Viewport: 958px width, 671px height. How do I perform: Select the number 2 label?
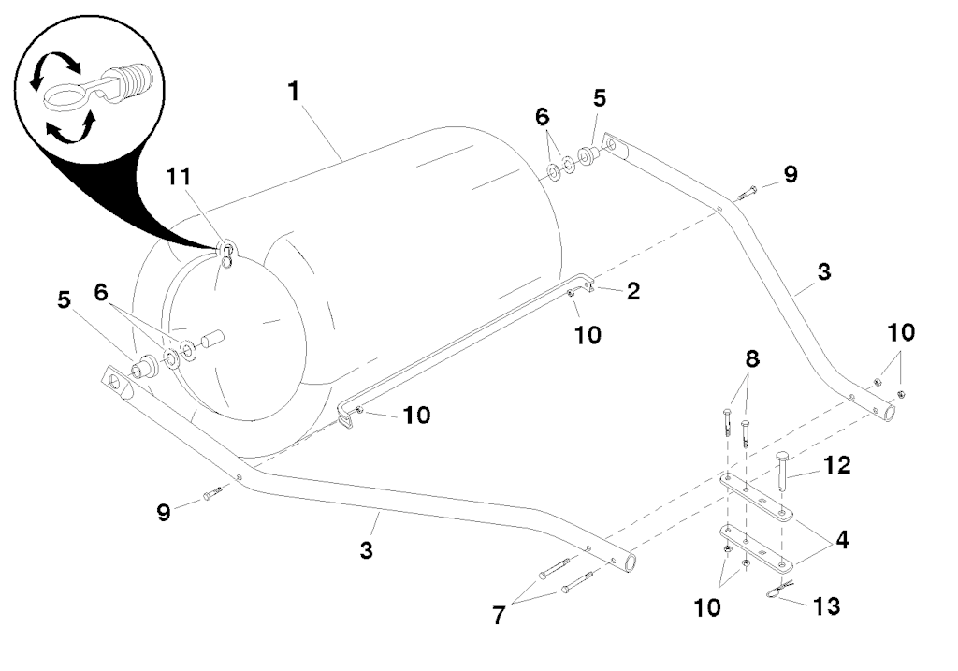633,291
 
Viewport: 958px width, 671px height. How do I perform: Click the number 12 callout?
838,464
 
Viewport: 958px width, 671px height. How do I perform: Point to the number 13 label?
826,606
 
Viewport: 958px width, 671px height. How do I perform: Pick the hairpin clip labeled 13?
777,591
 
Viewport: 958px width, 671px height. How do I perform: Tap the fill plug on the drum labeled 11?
226,251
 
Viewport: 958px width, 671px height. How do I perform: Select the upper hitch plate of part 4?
758,496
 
